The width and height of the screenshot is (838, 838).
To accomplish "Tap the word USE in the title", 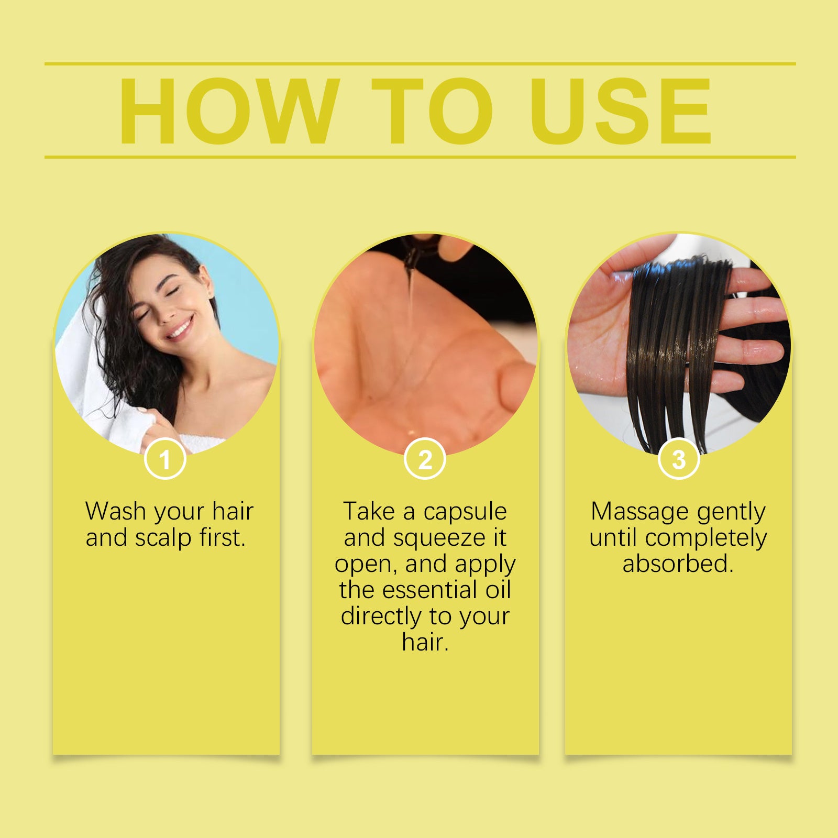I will pos(621,111).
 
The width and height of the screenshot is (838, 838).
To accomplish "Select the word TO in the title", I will pos(433,111).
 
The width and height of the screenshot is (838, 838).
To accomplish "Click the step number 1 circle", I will pos(165,459).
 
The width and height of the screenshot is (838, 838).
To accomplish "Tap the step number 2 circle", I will pos(425,459).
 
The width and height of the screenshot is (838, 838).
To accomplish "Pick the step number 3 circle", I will pos(679,459).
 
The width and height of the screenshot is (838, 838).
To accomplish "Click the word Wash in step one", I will pos(115,511).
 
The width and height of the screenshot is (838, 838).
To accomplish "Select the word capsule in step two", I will pos(465,512).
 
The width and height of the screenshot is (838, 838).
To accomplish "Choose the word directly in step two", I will pos(381,616).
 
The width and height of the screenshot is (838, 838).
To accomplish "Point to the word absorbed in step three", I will pos(678,564).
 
